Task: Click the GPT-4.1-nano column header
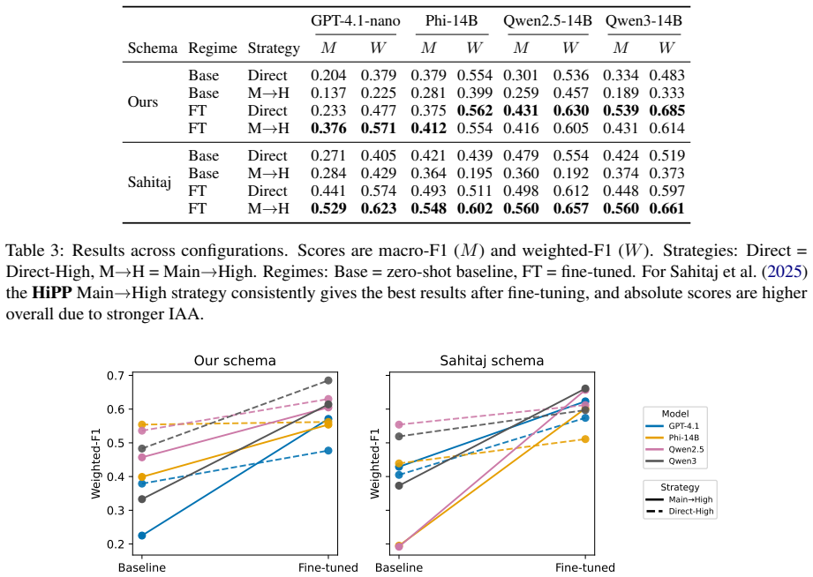355,21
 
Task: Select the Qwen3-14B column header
644,21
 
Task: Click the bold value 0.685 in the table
666,110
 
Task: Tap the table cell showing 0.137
328,93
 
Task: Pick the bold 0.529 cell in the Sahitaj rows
328,208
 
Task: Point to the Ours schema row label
143,101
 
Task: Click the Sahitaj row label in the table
149,183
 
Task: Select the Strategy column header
274,49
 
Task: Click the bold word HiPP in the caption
52,293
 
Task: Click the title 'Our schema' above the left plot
235,361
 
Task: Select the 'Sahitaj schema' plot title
492,361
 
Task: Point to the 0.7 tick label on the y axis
116,375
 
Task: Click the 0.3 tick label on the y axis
116,510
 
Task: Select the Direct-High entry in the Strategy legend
690,511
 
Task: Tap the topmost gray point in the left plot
328,380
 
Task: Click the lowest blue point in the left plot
142,536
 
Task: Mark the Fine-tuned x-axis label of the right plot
585,567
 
